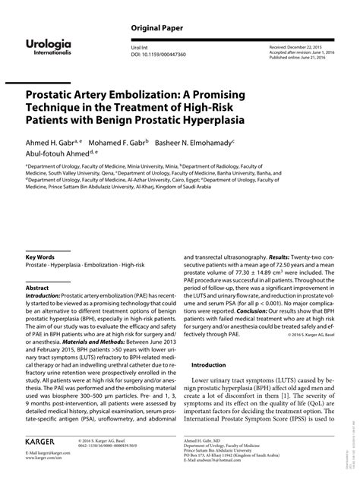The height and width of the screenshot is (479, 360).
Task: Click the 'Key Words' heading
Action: (x=39, y=259)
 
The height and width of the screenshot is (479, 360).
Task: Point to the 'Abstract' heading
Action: (x=37, y=288)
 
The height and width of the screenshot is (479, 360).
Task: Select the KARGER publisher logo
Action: (x=43, y=439)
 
